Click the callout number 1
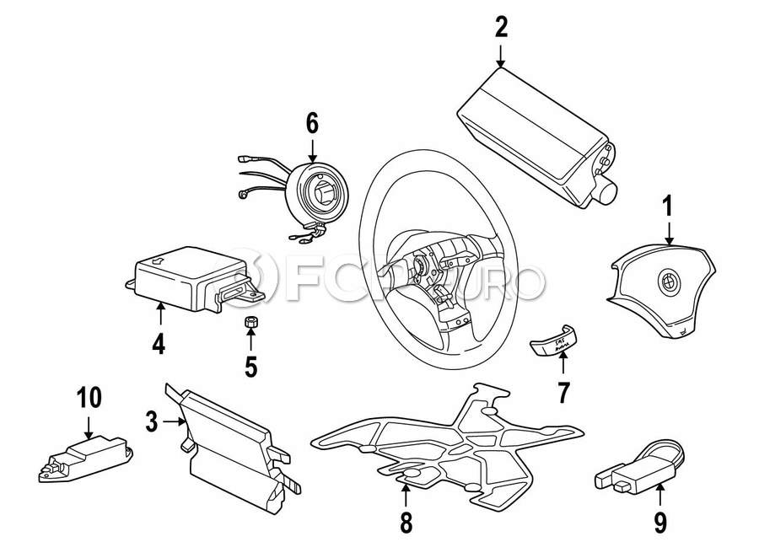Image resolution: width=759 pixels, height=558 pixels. click(667, 204)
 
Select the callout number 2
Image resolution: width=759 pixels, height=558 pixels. click(501, 28)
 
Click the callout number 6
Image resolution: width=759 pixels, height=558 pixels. click(312, 124)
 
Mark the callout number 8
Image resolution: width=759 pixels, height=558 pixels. click(406, 523)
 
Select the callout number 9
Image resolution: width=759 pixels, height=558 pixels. click(659, 523)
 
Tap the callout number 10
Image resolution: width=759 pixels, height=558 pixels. click(89, 396)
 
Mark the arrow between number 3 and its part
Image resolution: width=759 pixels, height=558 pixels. click(172, 421)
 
